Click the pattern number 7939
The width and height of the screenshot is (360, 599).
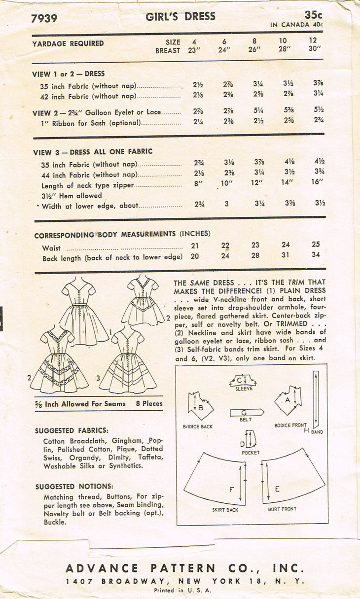(43, 19)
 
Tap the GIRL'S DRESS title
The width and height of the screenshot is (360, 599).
(180, 16)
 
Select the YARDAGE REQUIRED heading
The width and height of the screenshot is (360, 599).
(68, 43)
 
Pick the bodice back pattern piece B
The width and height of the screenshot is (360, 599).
(200, 406)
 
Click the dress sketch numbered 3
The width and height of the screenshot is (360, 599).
(128, 362)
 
